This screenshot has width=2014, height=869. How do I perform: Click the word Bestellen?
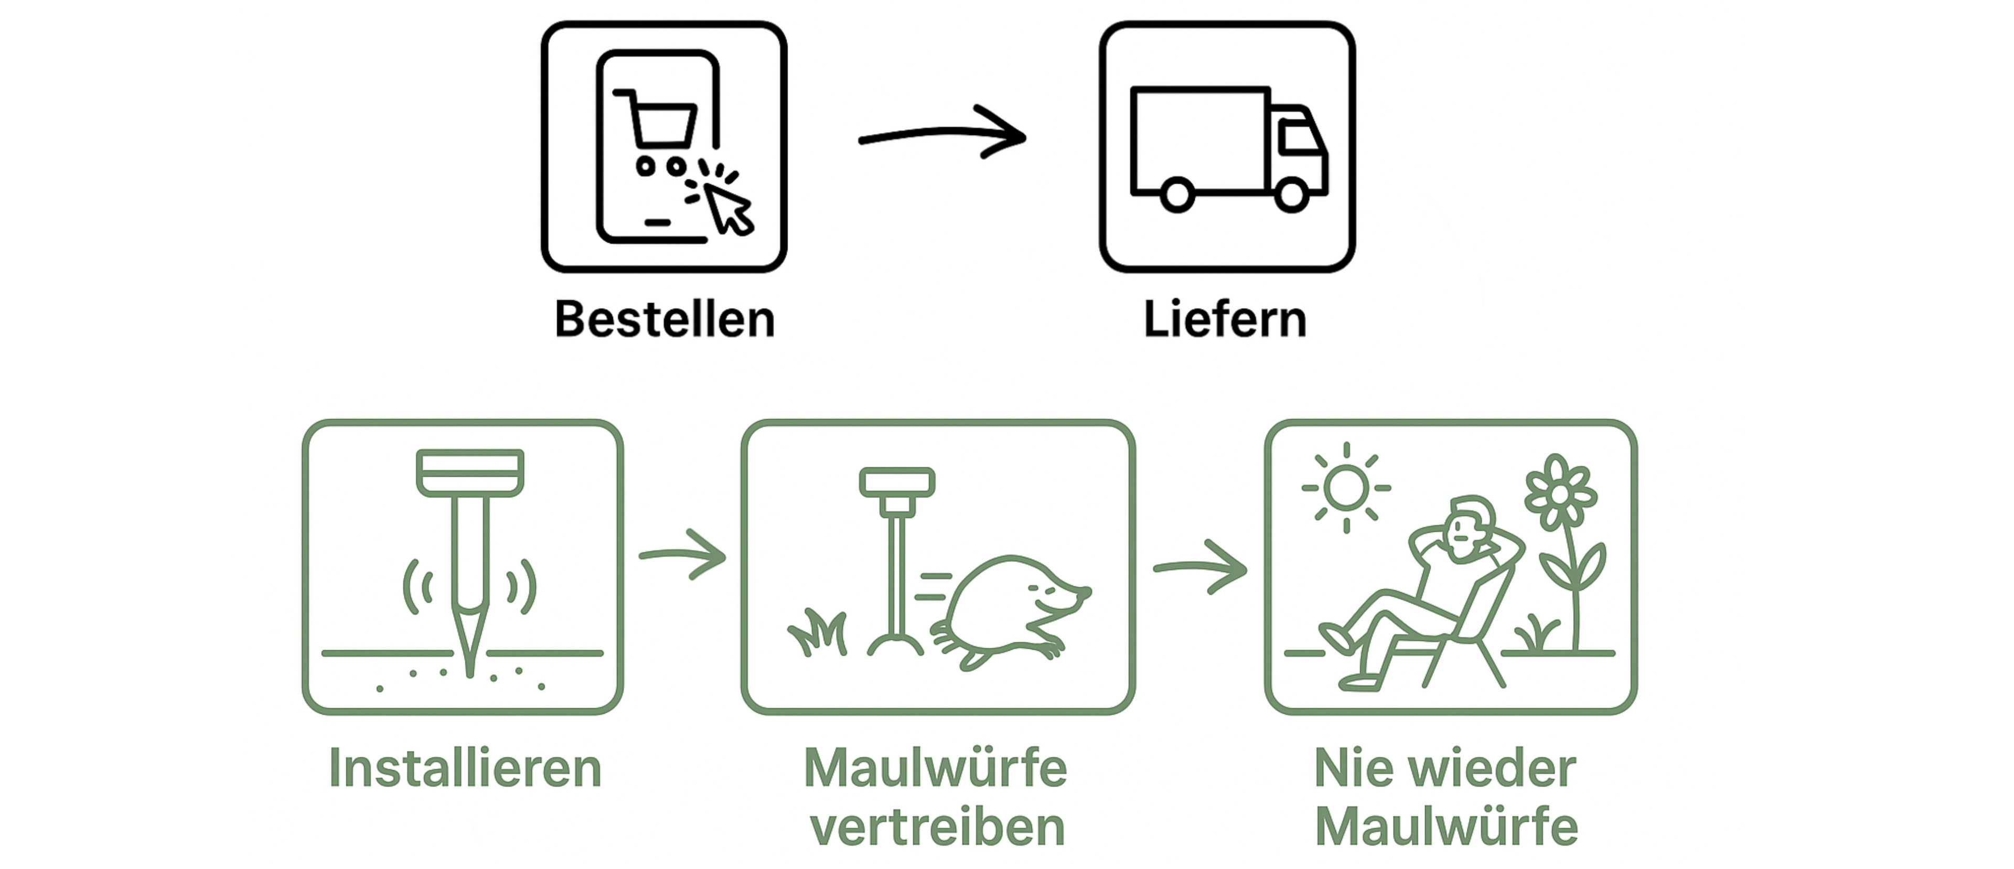[x=665, y=319]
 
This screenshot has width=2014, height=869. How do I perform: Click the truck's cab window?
[x=1298, y=139]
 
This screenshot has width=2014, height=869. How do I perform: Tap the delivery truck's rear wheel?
[x=1176, y=194]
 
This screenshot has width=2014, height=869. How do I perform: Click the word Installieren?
[x=465, y=768]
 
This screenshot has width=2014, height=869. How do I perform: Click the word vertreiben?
[x=937, y=828]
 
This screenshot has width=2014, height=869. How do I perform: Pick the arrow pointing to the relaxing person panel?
[x=1200, y=566]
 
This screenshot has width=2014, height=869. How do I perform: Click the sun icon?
[x=1345, y=488]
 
